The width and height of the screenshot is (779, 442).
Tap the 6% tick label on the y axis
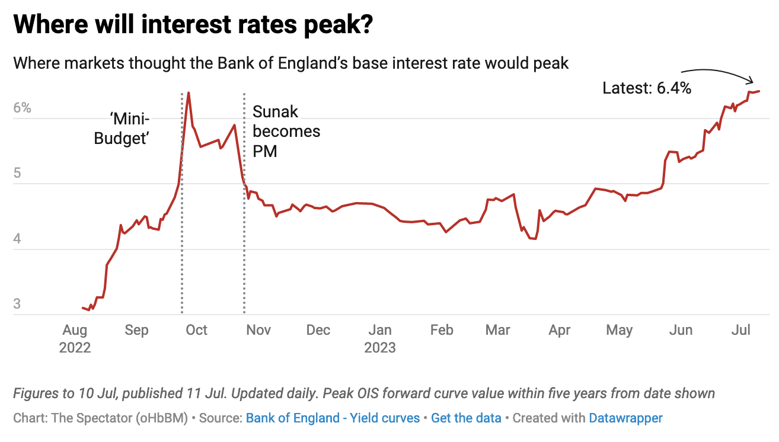point(22,108)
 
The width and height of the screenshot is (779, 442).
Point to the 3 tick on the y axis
point(17,305)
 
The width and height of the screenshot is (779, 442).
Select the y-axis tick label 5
point(17,174)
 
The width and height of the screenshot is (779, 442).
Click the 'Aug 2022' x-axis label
point(75,338)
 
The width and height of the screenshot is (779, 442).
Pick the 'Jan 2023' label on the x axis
point(380,338)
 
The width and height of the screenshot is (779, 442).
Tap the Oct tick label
point(196,330)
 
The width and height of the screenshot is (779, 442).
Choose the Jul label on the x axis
point(741,330)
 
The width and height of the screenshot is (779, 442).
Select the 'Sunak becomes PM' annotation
point(286,131)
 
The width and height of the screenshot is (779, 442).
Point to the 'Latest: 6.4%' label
point(647,88)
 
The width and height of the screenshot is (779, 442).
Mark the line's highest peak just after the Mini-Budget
point(188,93)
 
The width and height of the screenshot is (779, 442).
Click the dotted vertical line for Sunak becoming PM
point(244,237)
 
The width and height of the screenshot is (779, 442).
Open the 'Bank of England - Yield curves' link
point(333,418)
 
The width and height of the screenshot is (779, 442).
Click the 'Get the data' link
point(466,418)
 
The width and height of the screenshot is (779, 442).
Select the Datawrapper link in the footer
point(625,418)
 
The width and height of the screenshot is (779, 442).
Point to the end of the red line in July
point(759,91)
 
